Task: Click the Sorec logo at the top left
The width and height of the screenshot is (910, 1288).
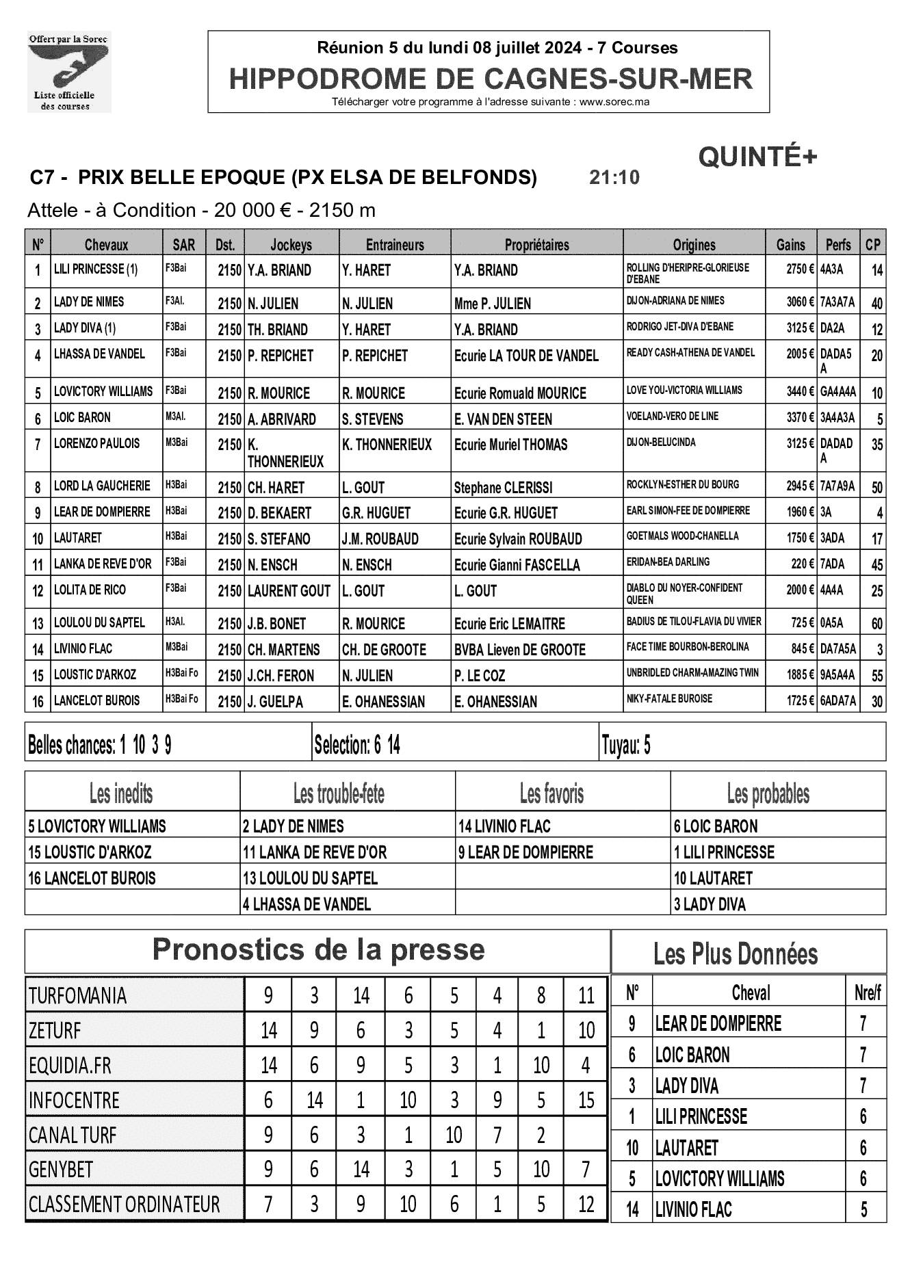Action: coord(68,72)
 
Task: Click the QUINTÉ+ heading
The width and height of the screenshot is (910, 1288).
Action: coord(757,157)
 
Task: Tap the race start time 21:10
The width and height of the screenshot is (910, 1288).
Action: coord(614,178)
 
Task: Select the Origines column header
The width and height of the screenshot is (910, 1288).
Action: coord(694,244)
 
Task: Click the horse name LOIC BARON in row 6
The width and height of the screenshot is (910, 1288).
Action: coord(82,418)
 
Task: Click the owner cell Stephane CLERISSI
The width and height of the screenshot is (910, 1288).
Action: coord(503,488)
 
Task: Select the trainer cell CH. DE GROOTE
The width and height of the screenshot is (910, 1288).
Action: coord(384,650)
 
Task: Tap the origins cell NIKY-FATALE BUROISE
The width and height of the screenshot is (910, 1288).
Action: coord(669,699)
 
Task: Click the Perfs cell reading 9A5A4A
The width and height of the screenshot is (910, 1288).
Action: coord(837,675)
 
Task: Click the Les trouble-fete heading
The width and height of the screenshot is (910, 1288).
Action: coord(339,794)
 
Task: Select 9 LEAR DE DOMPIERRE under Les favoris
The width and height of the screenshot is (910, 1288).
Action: coord(525,852)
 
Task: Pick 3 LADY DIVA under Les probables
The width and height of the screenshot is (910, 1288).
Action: coord(710,904)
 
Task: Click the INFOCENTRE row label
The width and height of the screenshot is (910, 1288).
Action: coord(74,1101)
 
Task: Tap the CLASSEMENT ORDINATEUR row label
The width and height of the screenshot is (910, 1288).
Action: coord(124,1204)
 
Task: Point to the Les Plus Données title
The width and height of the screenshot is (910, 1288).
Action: coord(735,954)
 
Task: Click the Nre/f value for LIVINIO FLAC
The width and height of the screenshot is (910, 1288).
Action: coord(863,1209)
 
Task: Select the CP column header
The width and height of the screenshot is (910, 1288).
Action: coord(872,244)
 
